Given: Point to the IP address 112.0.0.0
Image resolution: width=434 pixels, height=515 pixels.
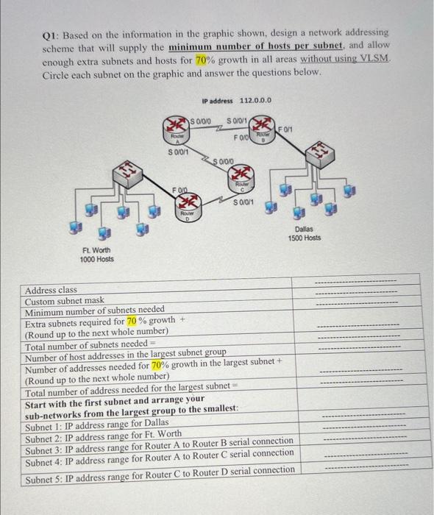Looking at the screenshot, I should click(x=236, y=100).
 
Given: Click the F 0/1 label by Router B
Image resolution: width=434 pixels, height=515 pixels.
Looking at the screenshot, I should click(x=286, y=129).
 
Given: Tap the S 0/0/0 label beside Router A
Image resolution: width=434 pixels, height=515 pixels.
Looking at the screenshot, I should click(x=201, y=120).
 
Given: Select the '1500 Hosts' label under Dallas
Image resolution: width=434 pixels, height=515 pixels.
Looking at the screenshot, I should click(x=305, y=238).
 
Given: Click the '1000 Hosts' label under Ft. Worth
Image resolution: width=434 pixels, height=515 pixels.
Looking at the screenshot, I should click(x=98, y=259).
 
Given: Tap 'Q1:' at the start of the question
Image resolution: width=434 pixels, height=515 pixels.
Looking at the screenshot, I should click(x=51, y=33).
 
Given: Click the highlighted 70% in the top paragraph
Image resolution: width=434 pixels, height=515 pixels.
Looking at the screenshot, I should click(x=203, y=60).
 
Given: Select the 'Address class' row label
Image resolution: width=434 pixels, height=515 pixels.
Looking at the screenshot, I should click(x=51, y=290).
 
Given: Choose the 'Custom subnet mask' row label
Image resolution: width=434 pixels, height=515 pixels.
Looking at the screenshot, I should click(x=64, y=301).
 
